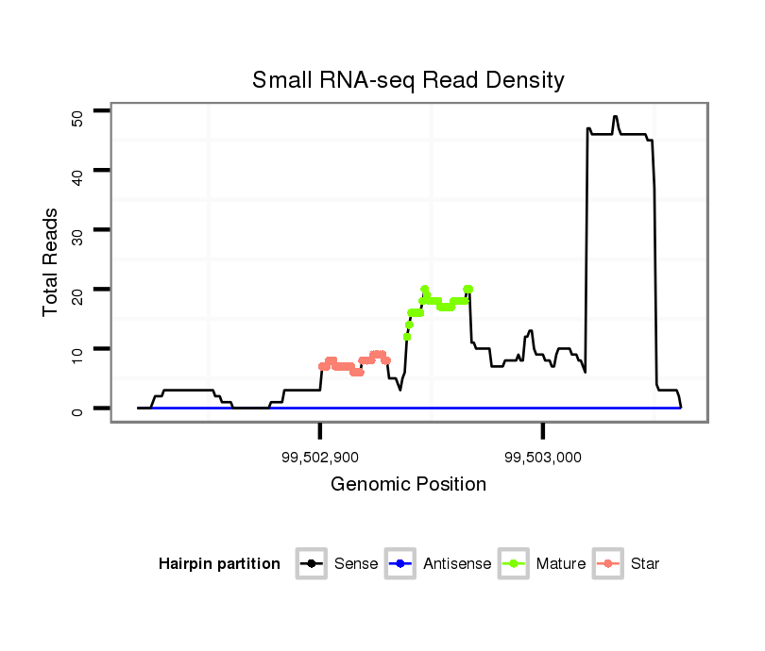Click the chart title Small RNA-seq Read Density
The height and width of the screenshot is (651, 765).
tap(408, 80)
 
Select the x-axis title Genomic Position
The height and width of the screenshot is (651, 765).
tap(408, 485)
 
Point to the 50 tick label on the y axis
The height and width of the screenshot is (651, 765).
tap(78, 116)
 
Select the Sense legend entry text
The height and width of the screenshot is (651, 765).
tap(356, 564)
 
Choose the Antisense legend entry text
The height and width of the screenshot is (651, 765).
tap(457, 564)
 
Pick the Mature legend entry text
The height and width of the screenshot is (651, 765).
tap(560, 564)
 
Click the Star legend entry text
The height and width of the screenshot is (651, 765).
tap(644, 564)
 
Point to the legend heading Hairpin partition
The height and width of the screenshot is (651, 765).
tap(219, 564)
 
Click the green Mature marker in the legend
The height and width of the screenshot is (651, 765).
tap(514, 564)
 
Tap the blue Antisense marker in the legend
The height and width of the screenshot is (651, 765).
tap(400, 564)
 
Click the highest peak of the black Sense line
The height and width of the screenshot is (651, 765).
tap(615, 118)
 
